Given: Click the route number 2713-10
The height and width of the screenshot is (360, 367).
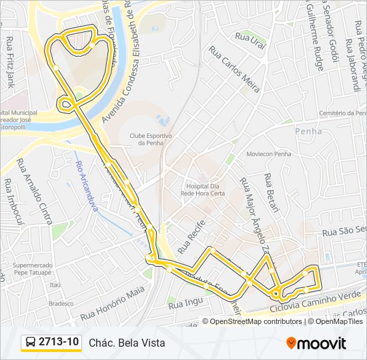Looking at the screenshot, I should click(59, 342).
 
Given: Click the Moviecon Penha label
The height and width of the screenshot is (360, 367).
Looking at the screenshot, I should click(269, 154).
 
